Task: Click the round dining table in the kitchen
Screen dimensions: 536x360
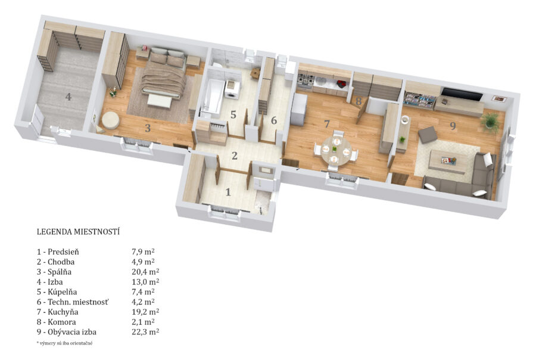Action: point(336,151)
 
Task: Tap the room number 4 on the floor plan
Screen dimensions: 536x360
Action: point(68,97)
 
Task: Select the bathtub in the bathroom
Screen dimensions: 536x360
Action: point(211,96)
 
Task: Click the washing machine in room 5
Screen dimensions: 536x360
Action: point(232,90)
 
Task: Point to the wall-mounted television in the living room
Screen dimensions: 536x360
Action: point(462,94)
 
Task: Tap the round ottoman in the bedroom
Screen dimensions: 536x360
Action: point(110,120)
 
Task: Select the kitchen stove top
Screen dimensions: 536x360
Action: point(305,80)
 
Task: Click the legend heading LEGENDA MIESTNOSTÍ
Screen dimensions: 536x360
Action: point(78,232)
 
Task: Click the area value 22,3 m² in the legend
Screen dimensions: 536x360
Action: point(145,331)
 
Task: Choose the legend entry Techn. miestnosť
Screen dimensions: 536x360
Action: point(73,302)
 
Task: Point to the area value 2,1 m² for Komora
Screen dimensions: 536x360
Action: point(143,322)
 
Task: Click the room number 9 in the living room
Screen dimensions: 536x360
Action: point(453,126)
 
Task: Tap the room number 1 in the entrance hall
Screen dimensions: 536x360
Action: point(228,192)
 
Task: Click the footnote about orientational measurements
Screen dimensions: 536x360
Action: point(64,343)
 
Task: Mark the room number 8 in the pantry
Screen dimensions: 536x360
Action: point(359,101)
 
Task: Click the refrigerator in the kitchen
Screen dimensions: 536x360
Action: point(299,110)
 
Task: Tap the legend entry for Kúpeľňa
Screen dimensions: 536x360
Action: point(57,292)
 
